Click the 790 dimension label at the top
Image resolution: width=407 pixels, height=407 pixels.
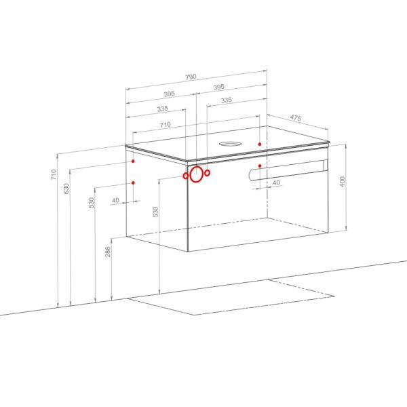tap(191, 77)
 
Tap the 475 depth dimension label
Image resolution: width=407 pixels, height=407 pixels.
tap(296, 118)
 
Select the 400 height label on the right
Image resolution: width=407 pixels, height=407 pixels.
tap(343, 182)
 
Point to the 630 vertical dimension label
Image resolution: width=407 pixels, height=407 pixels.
tap(66, 189)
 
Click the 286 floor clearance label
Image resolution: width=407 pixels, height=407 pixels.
tap(108, 252)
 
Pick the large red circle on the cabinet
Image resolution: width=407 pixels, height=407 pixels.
tap(196, 174)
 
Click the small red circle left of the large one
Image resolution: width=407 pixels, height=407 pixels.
tap(185, 176)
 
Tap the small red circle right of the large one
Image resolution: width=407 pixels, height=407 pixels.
tap(207, 172)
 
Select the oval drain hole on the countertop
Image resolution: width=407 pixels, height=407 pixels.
tap(230, 144)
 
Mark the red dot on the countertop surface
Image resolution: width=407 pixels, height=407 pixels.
tap(260, 144)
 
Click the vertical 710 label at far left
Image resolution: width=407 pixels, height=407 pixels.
tap(54, 174)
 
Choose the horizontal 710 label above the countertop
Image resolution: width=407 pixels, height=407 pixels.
tap(165, 125)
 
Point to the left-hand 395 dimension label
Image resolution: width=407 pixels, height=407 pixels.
tap(169, 94)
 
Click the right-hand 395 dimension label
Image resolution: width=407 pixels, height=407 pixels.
tap(219, 87)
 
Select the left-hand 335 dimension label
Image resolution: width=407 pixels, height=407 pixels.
tap(163, 109)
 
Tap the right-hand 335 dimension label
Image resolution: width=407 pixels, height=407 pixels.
tap(227, 100)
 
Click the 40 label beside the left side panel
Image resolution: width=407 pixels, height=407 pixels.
tap(115, 200)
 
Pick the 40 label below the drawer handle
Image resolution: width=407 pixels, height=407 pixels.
tap(276, 182)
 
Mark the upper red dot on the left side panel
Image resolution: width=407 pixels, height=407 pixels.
tap(133, 161)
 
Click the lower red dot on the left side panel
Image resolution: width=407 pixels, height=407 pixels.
tap(133, 182)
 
